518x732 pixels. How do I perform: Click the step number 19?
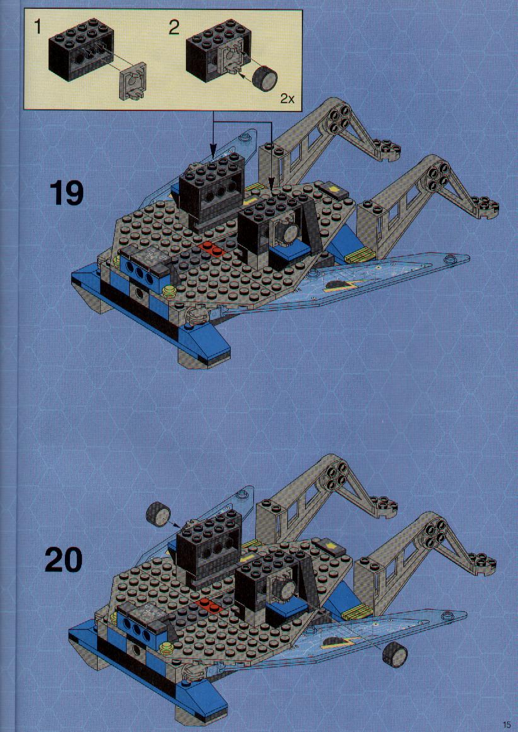[x=67, y=194]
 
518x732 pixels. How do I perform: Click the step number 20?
[x=64, y=560]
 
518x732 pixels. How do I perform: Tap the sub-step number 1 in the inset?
[x=38, y=28]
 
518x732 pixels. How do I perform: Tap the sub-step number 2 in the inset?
[x=174, y=28]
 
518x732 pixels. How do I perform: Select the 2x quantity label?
[x=287, y=98]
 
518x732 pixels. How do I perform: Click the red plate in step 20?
[x=210, y=605]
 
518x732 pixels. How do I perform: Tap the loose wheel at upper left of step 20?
[x=158, y=515]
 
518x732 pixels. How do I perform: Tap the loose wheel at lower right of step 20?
[x=394, y=654]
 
